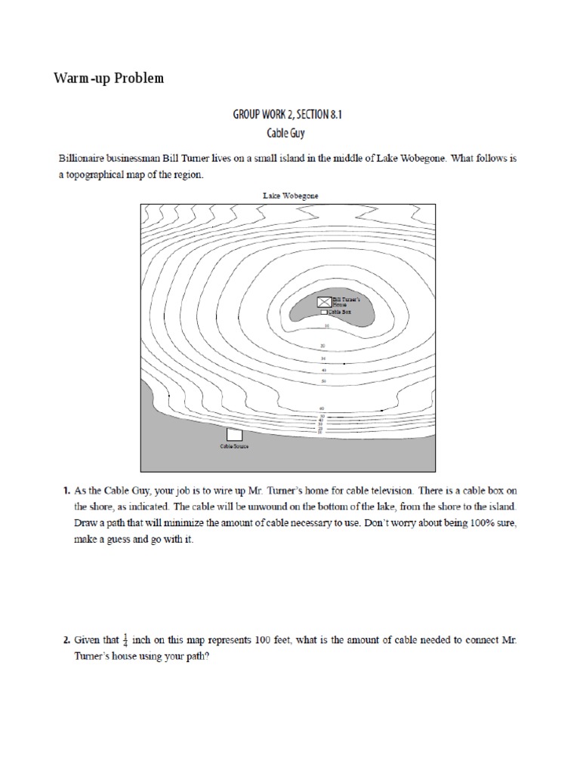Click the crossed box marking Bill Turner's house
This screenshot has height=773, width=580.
[324, 302]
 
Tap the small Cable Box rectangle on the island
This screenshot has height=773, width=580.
[324, 311]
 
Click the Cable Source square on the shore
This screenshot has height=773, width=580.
[235, 435]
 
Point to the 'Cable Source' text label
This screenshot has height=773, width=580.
[235, 447]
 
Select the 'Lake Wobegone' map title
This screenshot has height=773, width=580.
[290, 196]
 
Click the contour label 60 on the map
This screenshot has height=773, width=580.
[323, 408]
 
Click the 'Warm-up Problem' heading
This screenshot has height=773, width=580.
[108, 79]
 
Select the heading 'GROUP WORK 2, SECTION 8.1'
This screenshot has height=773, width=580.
[291, 115]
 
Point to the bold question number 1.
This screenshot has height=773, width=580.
[65, 491]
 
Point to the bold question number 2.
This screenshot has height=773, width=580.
[65, 640]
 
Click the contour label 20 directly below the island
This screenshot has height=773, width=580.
[324, 346]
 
